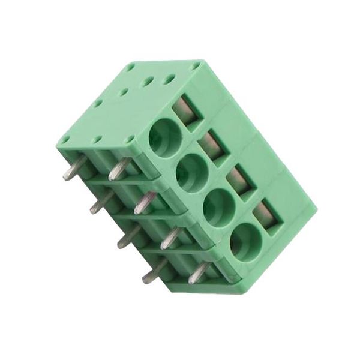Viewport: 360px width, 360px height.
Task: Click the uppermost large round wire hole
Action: click(165, 137)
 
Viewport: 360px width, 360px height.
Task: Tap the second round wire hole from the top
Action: click(192, 172)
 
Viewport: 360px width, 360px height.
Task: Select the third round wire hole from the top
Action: click(219, 208)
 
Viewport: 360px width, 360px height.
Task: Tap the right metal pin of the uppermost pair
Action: click(118, 170)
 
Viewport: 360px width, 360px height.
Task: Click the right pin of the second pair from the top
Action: click(144, 203)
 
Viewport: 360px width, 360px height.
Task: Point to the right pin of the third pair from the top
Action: click(170, 238)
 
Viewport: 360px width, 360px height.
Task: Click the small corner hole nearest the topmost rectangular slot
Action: click(196, 65)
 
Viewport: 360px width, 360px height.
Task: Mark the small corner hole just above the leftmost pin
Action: click(64, 140)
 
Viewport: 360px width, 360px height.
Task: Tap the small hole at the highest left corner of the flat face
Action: click(131, 68)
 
